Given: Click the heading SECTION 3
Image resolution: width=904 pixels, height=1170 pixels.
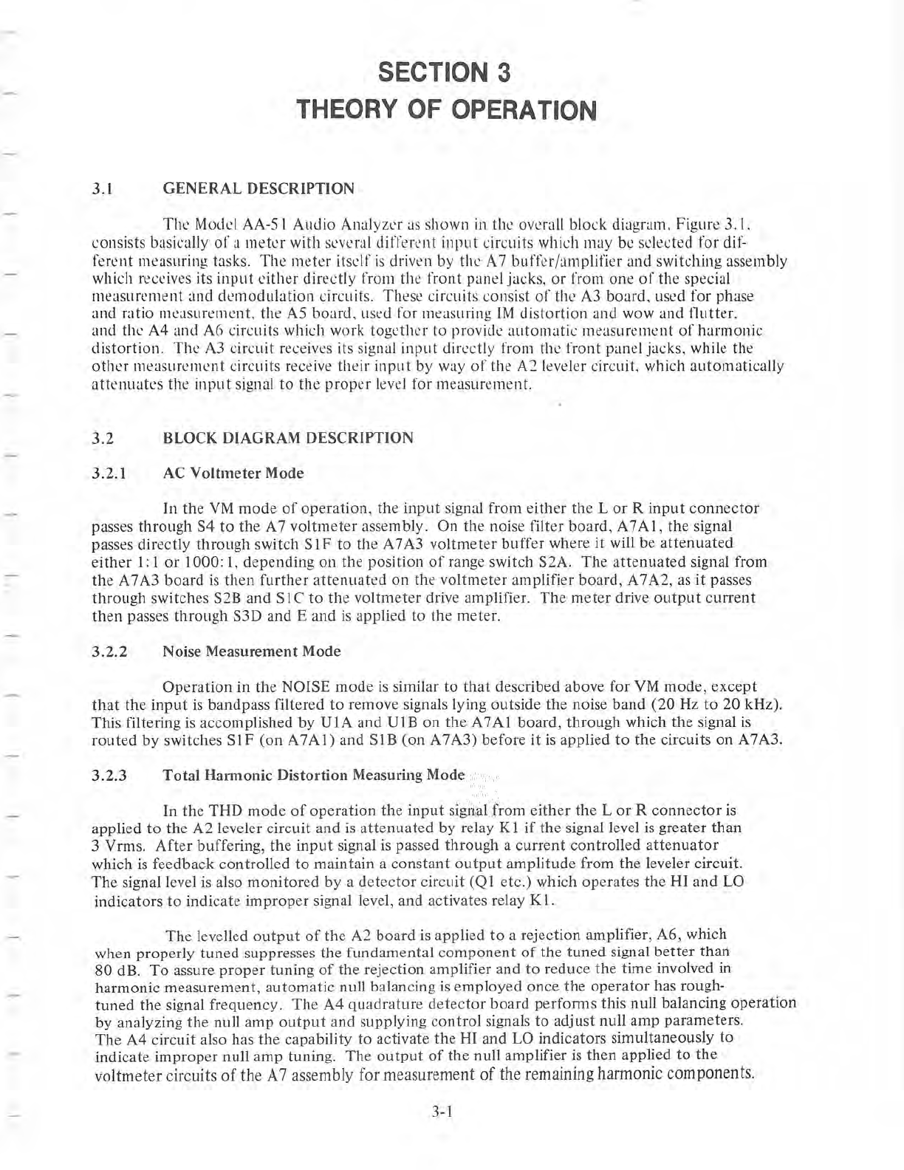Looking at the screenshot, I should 444,73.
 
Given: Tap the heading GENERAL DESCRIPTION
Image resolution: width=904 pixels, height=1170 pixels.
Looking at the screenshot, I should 258,188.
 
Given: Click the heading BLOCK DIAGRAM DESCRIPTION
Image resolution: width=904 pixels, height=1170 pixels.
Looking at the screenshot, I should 287,438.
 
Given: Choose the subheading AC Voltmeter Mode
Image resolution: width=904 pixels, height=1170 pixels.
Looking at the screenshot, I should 233,473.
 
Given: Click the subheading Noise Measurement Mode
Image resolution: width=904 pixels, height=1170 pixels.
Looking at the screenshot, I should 251,651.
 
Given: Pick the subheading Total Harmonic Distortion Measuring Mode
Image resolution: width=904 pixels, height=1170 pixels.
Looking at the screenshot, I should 313,776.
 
